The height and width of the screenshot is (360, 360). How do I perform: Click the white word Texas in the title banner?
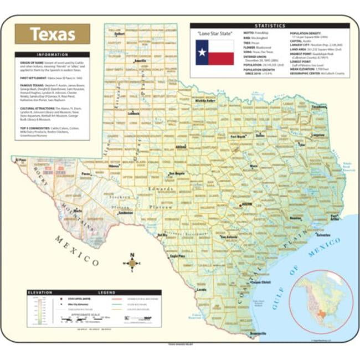point(53,34)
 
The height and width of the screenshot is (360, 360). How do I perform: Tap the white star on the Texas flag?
point(202,53)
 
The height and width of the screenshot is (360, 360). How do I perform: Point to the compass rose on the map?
point(132,263)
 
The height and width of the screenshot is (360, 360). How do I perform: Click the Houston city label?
point(296,218)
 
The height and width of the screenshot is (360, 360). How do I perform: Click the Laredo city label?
point(202,289)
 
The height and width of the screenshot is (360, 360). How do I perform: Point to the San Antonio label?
point(229,237)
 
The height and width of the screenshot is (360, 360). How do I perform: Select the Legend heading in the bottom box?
point(106,292)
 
